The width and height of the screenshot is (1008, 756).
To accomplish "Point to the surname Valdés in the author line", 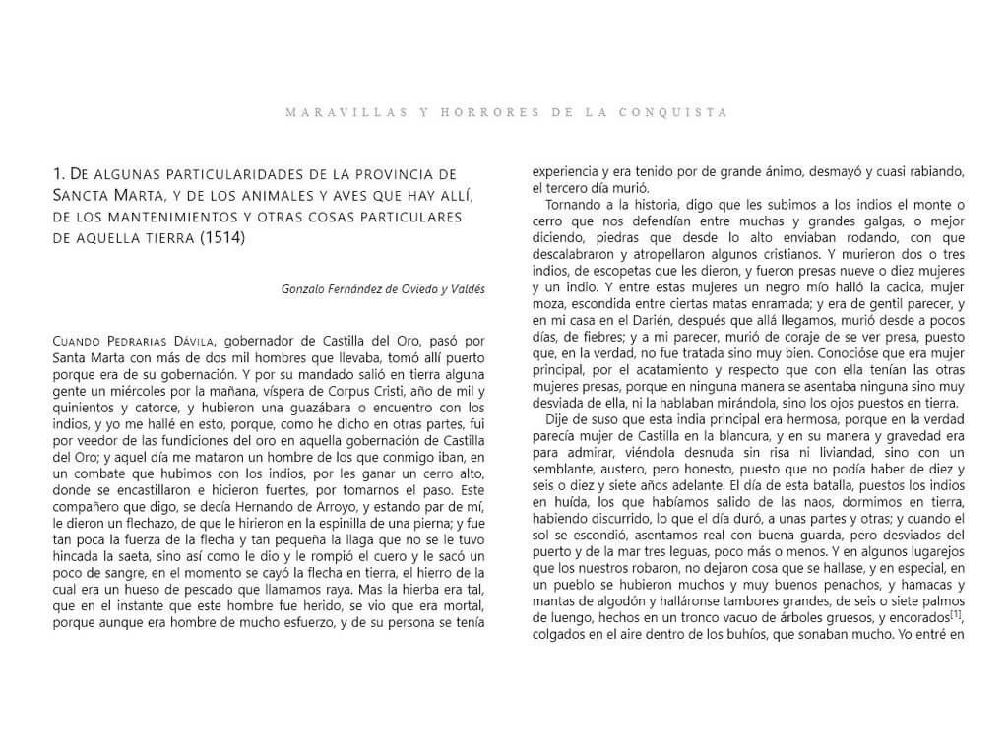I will tap(466, 288).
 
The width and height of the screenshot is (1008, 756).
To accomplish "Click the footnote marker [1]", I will tap(956, 616).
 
